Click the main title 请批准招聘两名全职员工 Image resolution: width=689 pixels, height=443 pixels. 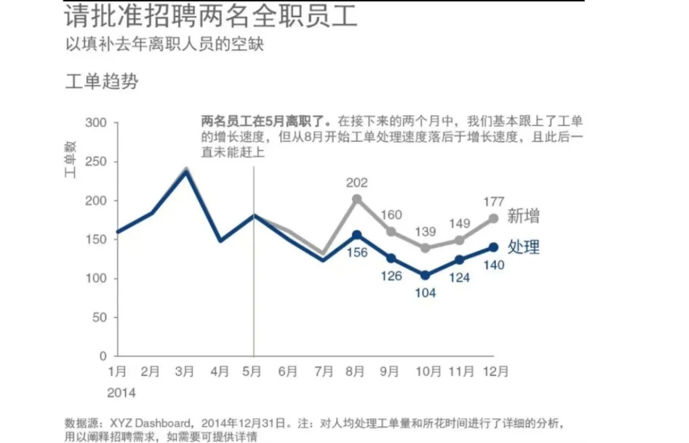point(211,17)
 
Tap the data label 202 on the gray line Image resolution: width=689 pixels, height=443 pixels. point(357,184)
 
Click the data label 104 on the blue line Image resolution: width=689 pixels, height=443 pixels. point(426,293)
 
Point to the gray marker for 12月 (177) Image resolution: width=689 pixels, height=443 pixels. point(494,218)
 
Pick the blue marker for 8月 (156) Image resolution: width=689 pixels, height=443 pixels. point(357,235)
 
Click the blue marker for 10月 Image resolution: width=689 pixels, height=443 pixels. point(426,275)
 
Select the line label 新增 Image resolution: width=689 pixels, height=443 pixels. point(523,216)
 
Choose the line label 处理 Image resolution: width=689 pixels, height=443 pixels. point(523,247)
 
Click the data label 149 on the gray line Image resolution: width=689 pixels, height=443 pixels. point(459,224)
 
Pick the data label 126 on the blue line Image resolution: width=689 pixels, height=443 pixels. point(391,276)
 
